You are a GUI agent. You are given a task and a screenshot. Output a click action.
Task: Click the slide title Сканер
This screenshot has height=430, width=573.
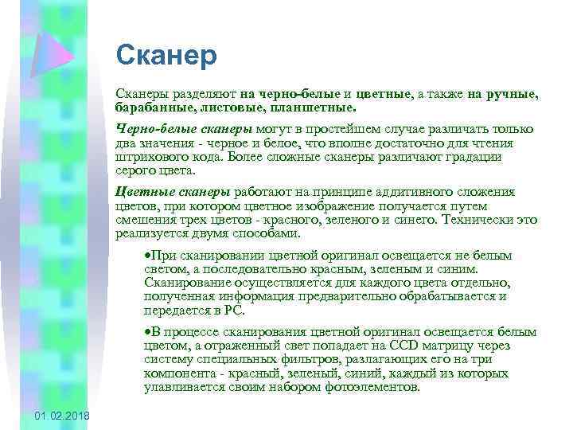[x=166, y=56]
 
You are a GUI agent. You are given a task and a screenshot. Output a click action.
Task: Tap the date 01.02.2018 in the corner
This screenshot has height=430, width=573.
[x=63, y=417]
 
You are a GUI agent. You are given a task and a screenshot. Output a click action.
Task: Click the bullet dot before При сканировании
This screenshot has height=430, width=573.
[x=146, y=256]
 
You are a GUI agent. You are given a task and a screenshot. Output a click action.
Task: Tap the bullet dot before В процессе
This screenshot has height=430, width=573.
[x=146, y=330]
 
